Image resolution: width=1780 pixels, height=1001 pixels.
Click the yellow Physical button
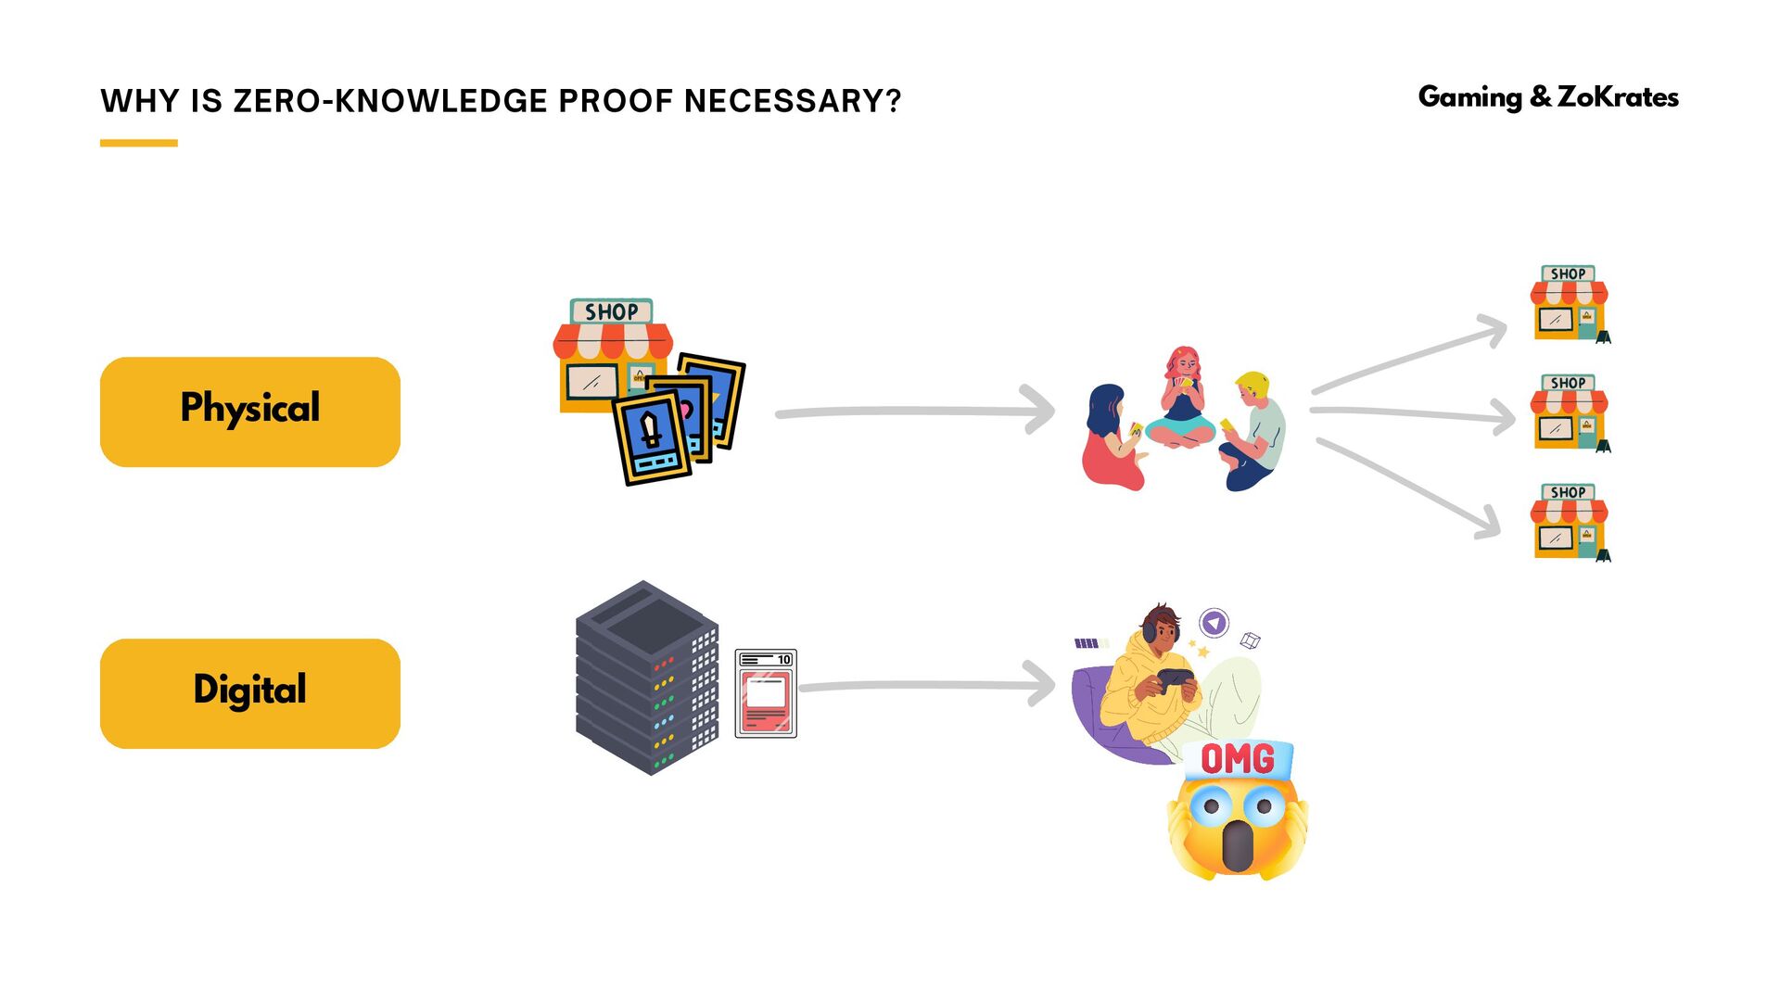[x=249, y=412]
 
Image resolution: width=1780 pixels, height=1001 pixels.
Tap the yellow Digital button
[x=249, y=692]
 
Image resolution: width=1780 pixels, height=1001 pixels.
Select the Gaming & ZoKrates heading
[x=1548, y=96]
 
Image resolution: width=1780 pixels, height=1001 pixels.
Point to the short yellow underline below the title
[x=138, y=143]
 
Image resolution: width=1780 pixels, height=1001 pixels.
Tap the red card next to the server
[x=766, y=694]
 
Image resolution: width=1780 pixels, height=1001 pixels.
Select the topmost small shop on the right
[x=1570, y=304]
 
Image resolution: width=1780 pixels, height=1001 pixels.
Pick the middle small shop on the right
[x=1570, y=413]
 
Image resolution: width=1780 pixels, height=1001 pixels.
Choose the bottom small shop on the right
[x=1570, y=523]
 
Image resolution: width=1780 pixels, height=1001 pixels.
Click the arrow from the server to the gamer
[x=927, y=686]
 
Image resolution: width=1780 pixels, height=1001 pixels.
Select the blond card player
[x=1254, y=431]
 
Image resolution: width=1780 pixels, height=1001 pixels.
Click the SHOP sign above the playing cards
[x=611, y=311]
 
